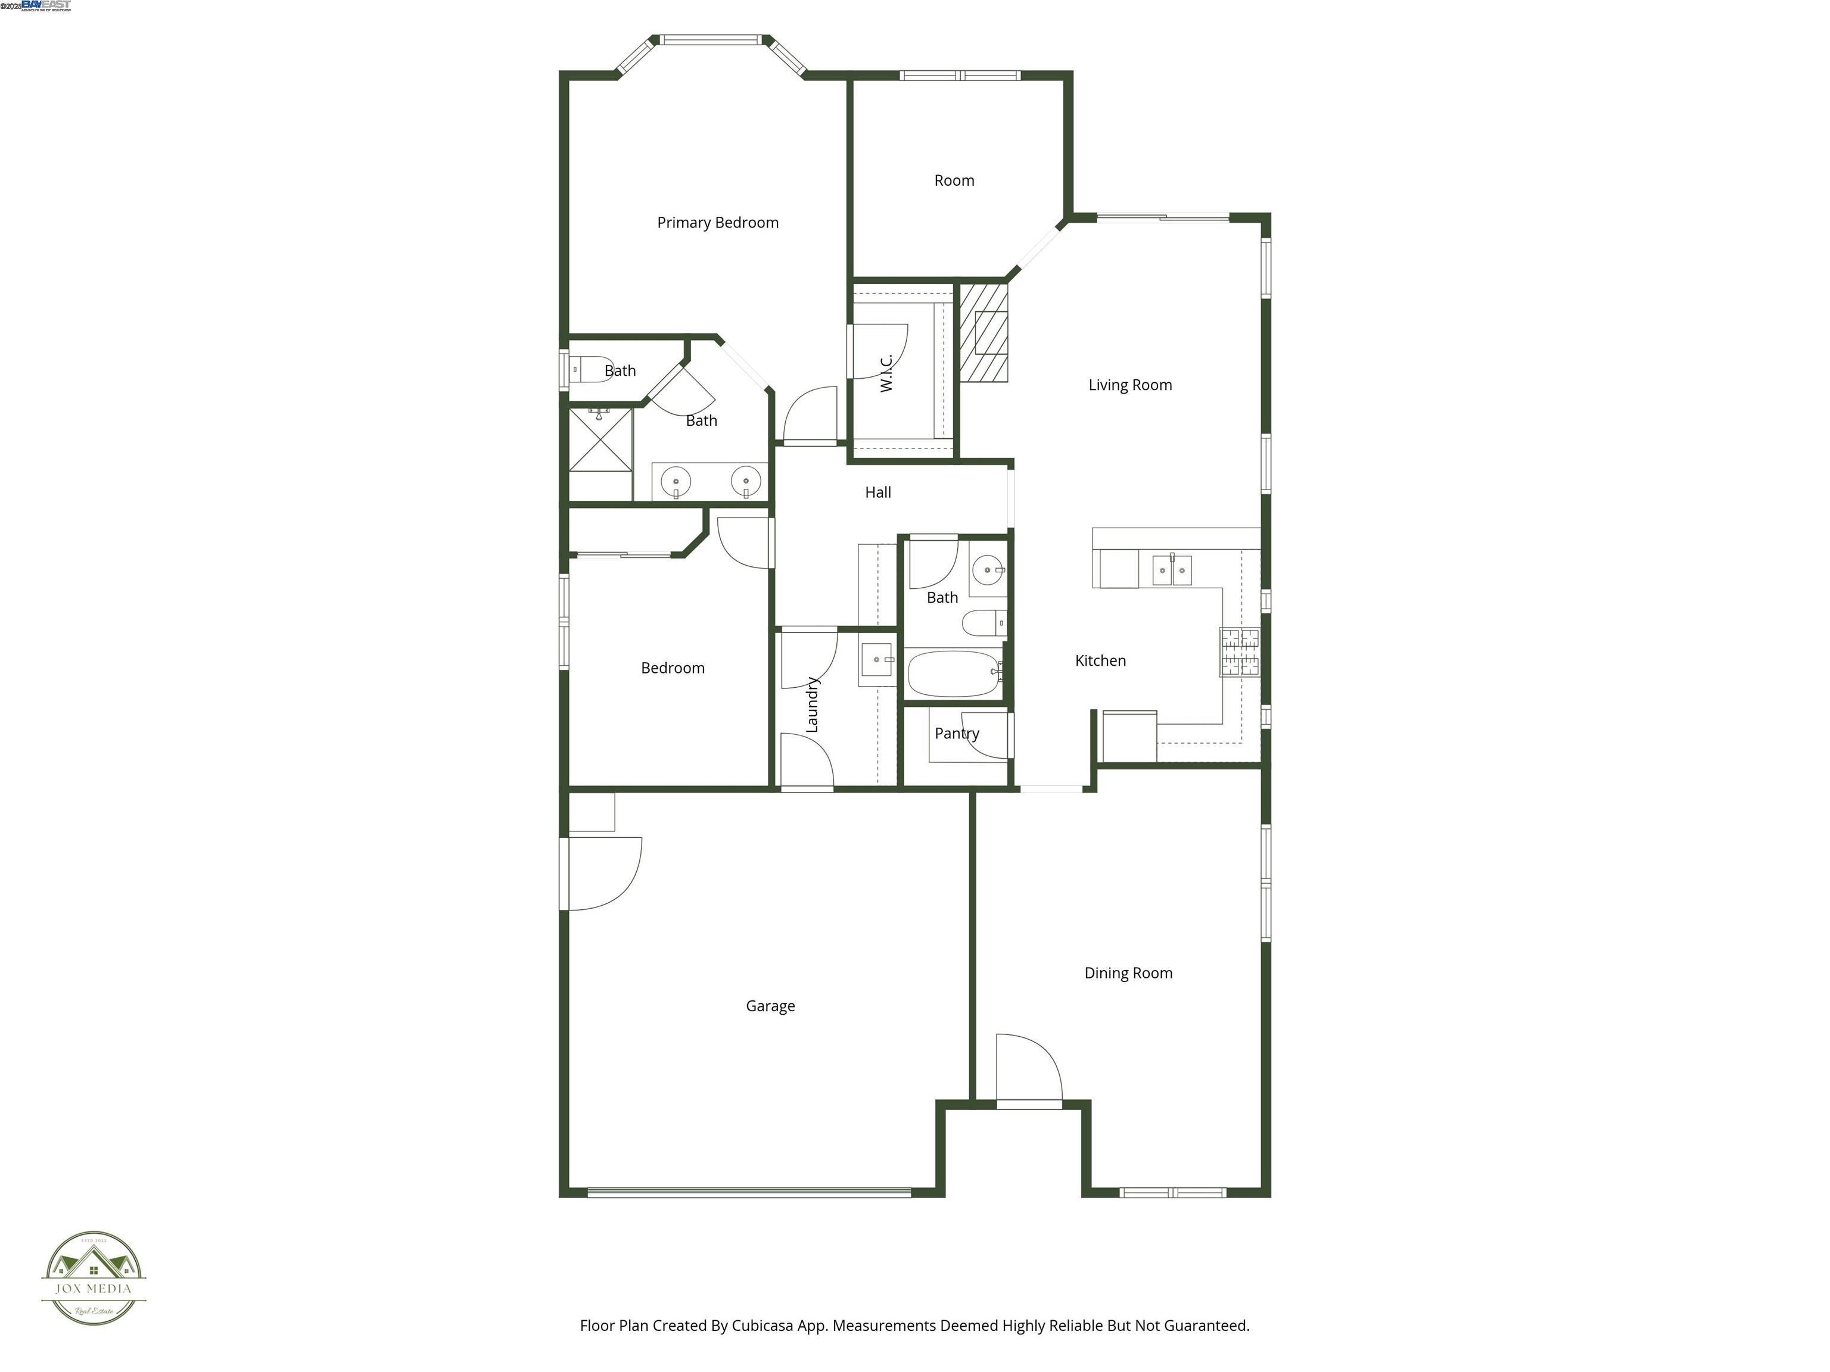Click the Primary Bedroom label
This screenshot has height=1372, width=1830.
coord(717,223)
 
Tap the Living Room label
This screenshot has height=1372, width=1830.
coord(1129,385)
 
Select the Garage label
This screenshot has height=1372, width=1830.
coord(770,1006)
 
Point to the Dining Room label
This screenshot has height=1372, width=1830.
coord(1128,972)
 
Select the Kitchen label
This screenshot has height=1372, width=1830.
coord(1100,660)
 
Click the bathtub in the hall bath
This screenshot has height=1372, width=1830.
coord(954,674)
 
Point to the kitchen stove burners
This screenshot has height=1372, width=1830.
coord(1238,651)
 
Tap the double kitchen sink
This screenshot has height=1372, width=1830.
coord(1172,570)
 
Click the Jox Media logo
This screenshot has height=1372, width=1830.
coord(94,1278)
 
